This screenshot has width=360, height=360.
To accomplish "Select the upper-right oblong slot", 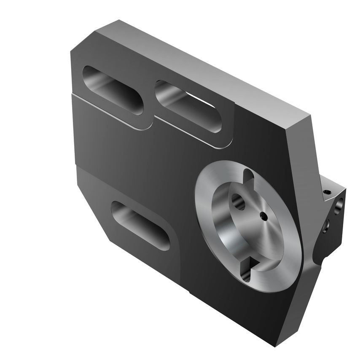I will pos(188,107).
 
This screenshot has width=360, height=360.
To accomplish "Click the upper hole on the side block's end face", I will pos(339,207).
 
